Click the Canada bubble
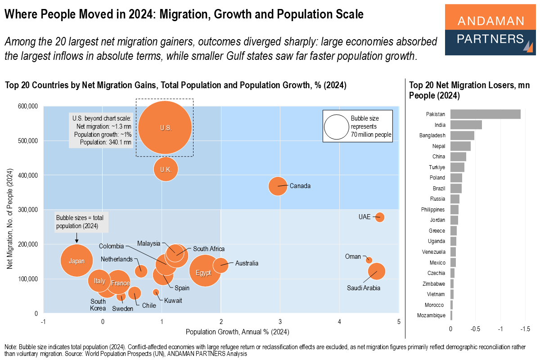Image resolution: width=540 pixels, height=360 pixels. coord(278,186)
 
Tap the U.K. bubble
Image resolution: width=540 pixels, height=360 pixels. coord(166,169)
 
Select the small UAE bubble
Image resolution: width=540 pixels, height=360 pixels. coord(379,217)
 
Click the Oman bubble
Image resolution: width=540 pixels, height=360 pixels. coord(369,260)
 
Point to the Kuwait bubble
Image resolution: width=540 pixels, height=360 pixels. coord(156,292)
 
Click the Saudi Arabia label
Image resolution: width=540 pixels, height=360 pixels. coord(364,288)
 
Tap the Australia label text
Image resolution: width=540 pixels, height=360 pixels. coord(247,263)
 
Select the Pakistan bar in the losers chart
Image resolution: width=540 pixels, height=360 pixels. coord(485,114)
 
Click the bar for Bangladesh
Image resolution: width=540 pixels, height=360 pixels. coord(462,135)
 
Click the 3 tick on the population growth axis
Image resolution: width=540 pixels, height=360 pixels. coord(280,322)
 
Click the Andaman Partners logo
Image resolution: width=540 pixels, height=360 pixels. coord(490,30)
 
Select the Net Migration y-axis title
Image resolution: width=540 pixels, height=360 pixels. coord(10,220)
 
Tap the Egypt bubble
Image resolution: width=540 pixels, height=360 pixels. coord(205,271)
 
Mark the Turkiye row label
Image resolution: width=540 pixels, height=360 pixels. coord(437,167)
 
